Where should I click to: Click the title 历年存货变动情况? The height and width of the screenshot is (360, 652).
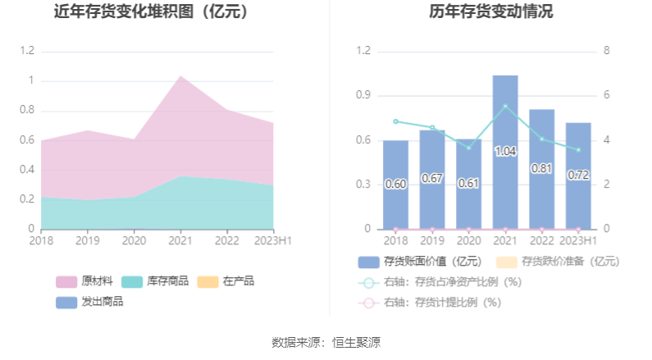490,12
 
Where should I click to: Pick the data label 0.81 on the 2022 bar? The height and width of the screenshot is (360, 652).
541,168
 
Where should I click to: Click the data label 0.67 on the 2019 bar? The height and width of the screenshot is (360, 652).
432,178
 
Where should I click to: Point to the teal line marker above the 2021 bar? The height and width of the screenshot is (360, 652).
505,106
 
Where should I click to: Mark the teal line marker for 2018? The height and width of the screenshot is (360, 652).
395,121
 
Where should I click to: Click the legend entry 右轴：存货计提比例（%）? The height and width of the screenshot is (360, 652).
430,303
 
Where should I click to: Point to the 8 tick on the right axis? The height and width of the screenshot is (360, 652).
606,51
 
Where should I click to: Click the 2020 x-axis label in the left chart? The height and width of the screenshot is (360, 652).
134,240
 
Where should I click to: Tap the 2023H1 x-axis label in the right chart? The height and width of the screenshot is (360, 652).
578,240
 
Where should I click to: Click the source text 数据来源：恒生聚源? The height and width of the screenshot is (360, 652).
326,342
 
